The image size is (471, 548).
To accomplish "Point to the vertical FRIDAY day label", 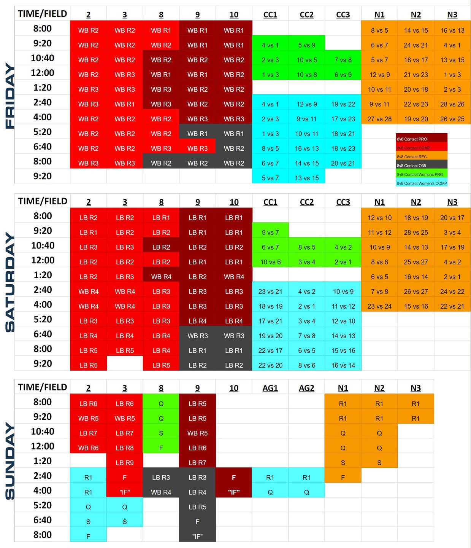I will (10, 96).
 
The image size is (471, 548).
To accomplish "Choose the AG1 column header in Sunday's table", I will (270, 388).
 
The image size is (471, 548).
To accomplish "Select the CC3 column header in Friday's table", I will (343, 15).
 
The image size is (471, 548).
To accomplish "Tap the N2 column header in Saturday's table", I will (416, 202).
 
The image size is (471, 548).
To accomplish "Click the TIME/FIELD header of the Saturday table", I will (43, 201).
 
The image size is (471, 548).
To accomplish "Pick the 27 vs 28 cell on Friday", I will (379, 119).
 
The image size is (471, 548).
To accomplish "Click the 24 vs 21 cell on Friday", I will (416, 45).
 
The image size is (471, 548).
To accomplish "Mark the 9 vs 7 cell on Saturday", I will (270, 233).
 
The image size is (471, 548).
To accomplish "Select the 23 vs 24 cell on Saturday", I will (379, 306).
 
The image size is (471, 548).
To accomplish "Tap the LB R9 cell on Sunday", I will (125, 463).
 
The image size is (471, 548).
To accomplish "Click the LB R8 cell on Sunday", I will (125, 448).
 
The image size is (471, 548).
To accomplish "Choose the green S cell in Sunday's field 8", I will (161, 433).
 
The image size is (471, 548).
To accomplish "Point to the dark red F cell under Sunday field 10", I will (234, 477).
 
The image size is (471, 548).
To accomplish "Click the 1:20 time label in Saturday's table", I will (43, 275).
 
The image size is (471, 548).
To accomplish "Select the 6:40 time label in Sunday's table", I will (43, 520).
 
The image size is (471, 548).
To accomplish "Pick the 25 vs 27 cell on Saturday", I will (416, 262).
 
